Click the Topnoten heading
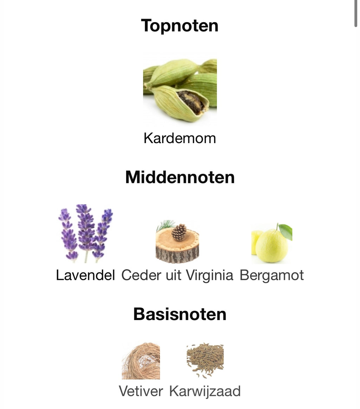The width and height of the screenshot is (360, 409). (x=180, y=26)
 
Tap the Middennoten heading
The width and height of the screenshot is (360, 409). (x=180, y=177)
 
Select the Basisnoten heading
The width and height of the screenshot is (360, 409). (x=180, y=314)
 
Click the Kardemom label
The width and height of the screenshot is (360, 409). (x=180, y=138)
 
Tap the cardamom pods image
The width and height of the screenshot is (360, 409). (x=180, y=90)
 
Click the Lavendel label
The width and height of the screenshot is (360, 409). (x=85, y=275)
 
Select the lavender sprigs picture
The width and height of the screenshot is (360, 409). (x=85, y=233)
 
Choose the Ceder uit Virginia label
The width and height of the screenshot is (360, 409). (x=177, y=275)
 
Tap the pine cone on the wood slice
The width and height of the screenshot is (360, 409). (x=179, y=232)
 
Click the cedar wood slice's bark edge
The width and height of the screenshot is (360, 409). (x=177, y=256)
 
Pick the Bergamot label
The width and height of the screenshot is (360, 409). (x=272, y=275)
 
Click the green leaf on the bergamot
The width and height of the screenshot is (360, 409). (x=285, y=231)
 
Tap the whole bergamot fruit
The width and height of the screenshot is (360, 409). (x=272, y=246)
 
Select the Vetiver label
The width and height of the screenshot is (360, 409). (x=141, y=391)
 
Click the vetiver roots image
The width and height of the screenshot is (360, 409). (x=141, y=361)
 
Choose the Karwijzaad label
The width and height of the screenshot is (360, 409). (x=205, y=391)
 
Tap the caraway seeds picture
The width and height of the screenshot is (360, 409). (x=205, y=360)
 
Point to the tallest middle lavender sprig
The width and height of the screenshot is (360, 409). (x=85, y=229)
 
